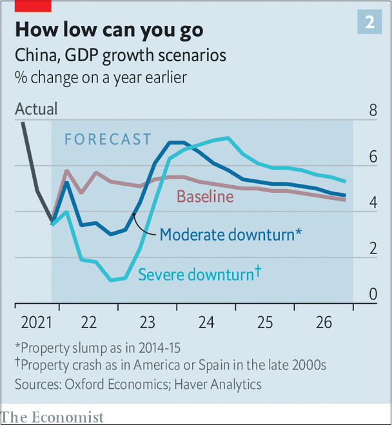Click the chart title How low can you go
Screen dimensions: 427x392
(109, 30)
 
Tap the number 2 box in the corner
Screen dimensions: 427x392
(369, 23)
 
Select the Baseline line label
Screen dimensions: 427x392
(205, 196)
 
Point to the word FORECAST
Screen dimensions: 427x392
(108, 139)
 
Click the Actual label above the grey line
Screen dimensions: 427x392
(36, 109)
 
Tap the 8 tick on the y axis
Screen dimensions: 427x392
(373, 110)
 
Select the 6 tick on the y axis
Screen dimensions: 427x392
(373, 157)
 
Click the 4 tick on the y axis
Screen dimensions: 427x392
(373, 203)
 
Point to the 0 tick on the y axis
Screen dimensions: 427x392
(373, 295)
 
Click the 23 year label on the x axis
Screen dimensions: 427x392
(148, 322)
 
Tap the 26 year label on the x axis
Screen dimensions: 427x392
(324, 322)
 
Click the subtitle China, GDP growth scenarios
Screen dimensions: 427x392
(121, 55)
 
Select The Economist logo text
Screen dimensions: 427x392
(52, 417)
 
